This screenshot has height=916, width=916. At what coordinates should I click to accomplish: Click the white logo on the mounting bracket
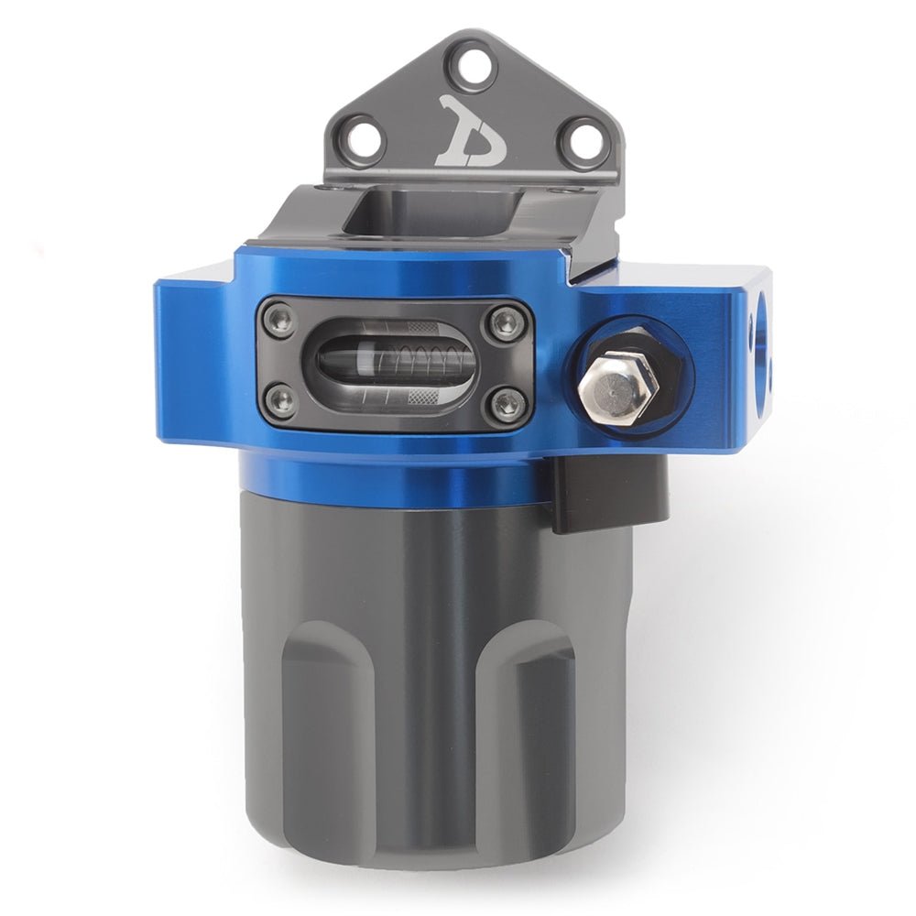coord(470,131)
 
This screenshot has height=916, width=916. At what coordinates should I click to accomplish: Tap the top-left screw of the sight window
coord(279,320)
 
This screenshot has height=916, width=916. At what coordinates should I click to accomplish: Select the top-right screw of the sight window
coord(505,321)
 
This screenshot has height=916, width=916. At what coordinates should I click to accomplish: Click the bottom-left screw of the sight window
coord(279,400)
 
